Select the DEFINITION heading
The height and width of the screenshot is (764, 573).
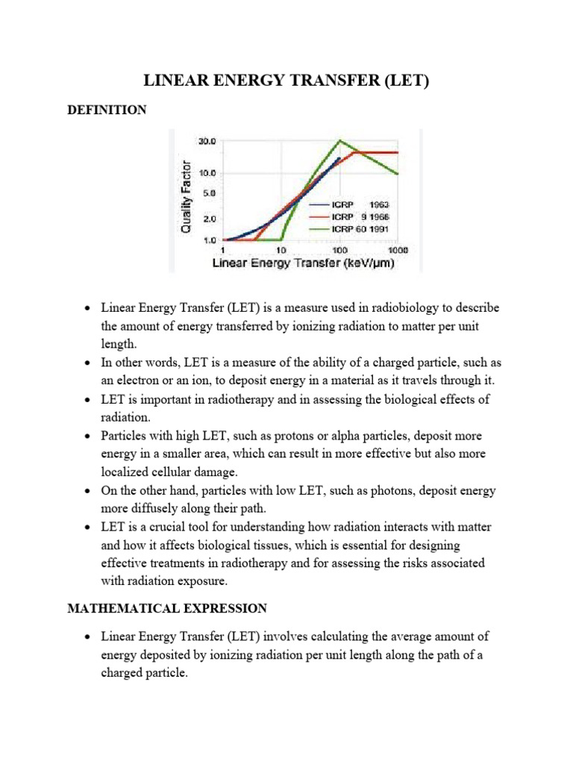[x=107, y=110]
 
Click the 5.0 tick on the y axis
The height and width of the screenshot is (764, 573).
[x=208, y=192]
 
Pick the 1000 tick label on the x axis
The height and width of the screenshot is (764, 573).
[x=397, y=251]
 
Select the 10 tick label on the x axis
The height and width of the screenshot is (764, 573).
[x=282, y=251]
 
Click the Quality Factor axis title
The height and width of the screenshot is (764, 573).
[x=187, y=195]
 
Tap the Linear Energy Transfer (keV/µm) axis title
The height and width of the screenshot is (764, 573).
[x=304, y=263]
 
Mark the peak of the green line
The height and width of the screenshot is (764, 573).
[x=340, y=141]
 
